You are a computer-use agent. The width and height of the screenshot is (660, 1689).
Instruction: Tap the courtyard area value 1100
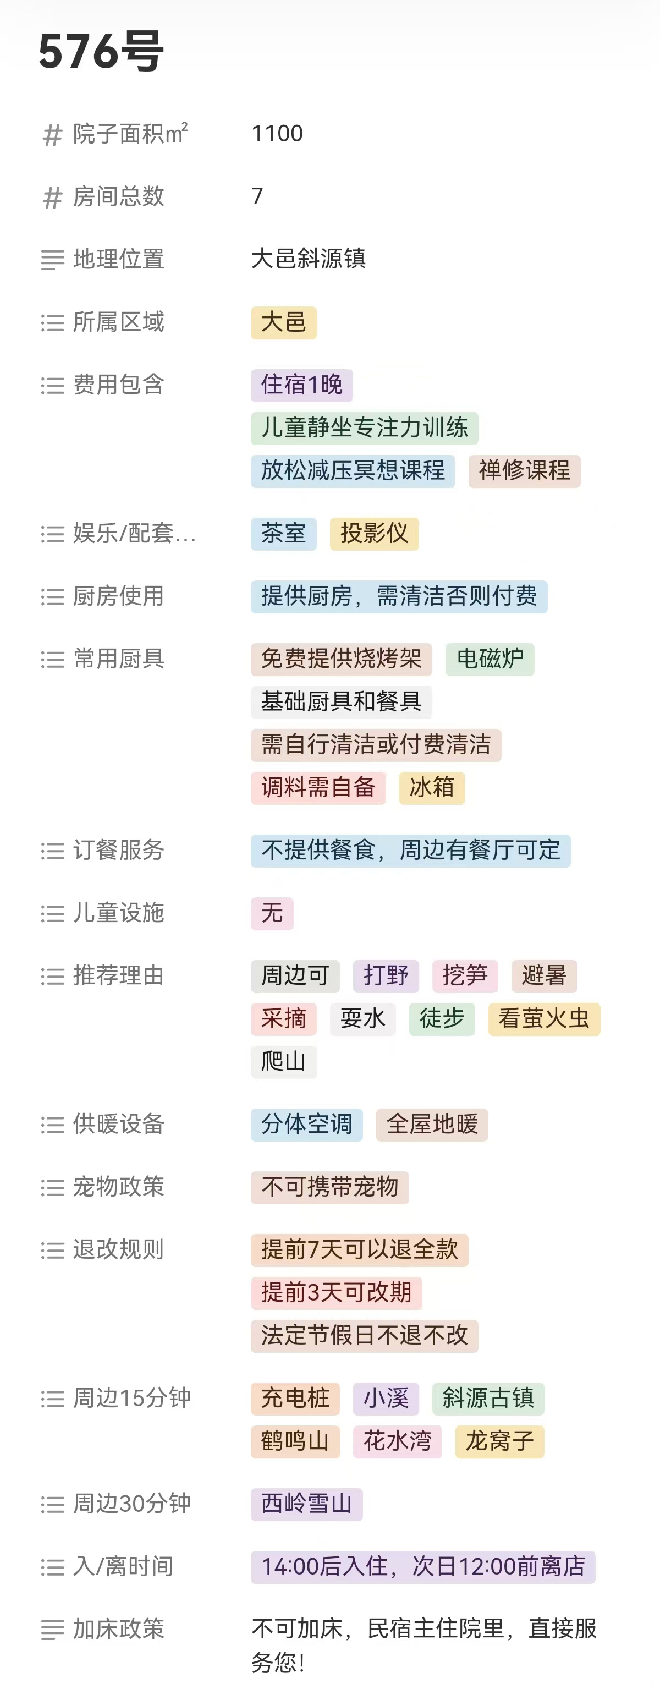tap(277, 134)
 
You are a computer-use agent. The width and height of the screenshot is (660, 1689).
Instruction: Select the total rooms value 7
tap(257, 196)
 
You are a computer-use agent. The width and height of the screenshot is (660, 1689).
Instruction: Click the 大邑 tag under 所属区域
tap(283, 322)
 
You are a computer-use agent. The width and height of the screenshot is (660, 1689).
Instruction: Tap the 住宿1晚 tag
tap(301, 385)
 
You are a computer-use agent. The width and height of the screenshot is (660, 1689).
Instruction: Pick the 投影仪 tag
tap(373, 534)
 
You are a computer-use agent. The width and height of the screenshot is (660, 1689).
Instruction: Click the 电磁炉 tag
tap(490, 659)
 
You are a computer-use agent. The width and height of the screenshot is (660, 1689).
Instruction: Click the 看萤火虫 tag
tap(544, 1019)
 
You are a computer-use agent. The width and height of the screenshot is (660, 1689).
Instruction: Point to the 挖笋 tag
tap(465, 975)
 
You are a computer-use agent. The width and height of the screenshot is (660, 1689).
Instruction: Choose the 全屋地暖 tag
tap(432, 1125)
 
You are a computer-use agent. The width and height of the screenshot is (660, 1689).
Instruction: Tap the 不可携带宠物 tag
tap(329, 1187)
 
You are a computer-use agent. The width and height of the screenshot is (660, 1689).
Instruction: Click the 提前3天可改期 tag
tap(336, 1292)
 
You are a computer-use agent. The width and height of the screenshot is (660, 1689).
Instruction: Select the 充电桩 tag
tap(295, 1399)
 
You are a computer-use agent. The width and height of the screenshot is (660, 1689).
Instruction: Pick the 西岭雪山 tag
tap(306, 1504)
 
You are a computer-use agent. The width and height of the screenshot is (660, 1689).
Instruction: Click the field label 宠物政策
tap(118, 1187)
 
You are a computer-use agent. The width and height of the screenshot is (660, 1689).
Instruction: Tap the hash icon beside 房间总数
tap(52, 198)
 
